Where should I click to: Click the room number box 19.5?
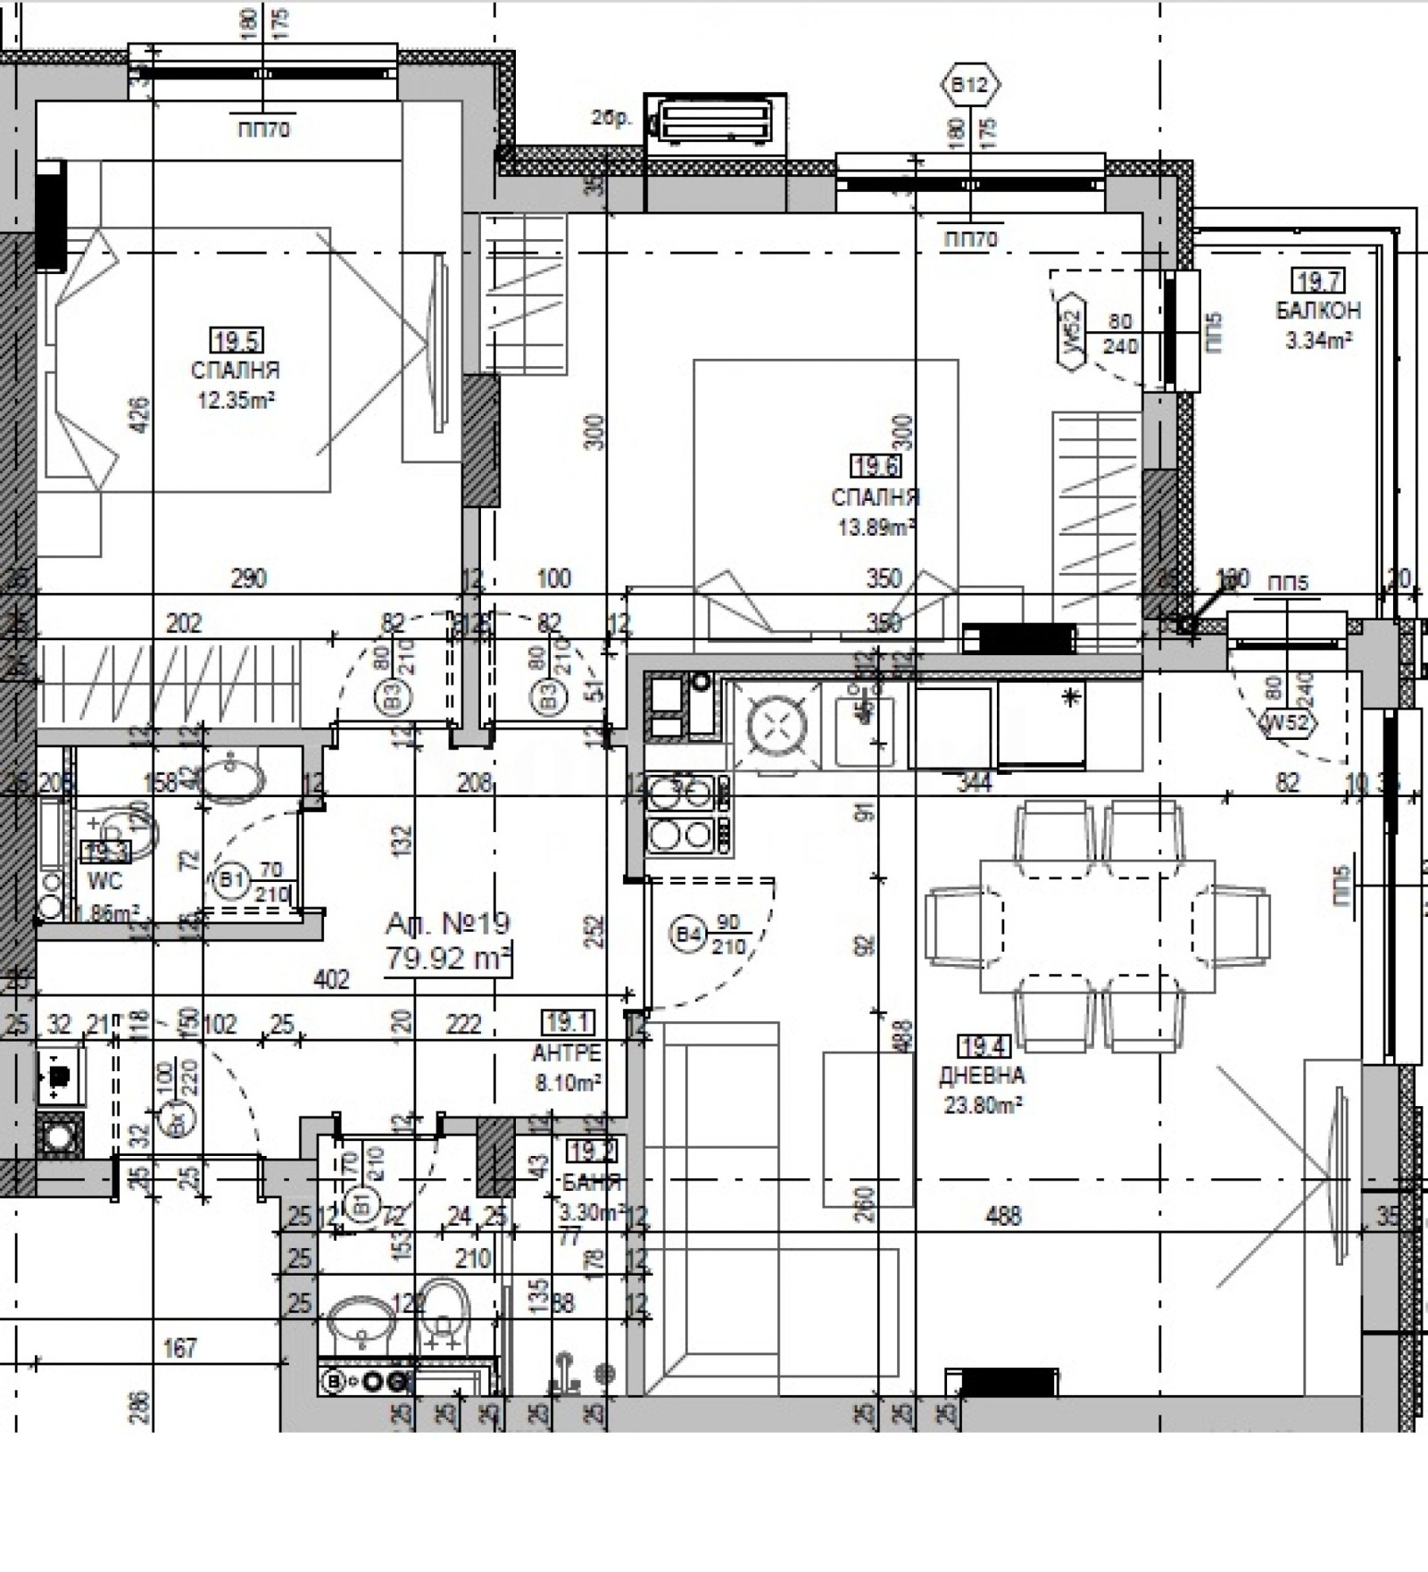(237, 340)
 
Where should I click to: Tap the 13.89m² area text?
(876, 527)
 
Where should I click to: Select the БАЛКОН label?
(1318, 311)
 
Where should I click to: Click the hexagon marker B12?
(970, 85)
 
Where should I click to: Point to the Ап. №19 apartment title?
(447, 922)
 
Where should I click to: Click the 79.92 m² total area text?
(447, 958)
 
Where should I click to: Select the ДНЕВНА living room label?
(981, 1076)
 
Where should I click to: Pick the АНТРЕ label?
(567, 1053)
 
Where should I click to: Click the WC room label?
(104, 882)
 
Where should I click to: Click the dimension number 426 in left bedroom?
(140, 416)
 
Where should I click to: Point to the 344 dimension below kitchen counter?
(974, 783)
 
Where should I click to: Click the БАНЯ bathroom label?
(591, 1183)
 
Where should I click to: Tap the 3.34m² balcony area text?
(1317, 339)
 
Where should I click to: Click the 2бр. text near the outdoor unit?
(610, 118)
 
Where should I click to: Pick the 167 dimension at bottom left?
(179, 1347)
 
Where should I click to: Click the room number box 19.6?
(876, 466)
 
